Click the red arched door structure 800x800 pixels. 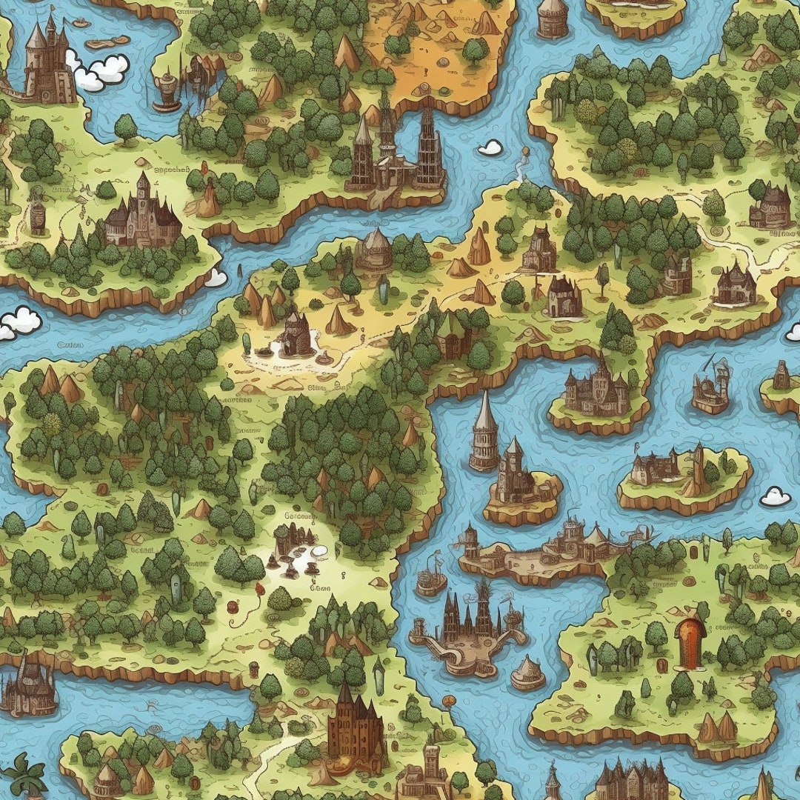pyautogui.click(x=690, y=643)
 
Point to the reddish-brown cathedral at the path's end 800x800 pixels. pyautogui.click(x=356, y=730)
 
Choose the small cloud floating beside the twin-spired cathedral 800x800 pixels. pyautogui.click(x=490, y=147)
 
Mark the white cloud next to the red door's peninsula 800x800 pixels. pyautogui.click(x=775, y=496)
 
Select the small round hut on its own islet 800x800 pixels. pyautogui.click(x=528, y=673)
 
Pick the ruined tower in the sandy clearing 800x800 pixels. pyautogui.click(x=296, y=337)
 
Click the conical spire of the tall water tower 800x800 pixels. pyautogui.click(x=485, y=412)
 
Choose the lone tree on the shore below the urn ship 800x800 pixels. pyautogui.click(x=126, y=128)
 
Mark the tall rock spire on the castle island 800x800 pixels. pyautogui.click(x=697, y=471)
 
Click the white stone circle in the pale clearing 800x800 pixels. pyautogui.click(x=319, y=550)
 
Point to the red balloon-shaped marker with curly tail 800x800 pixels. pyautogui.click(x=259, y=590)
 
